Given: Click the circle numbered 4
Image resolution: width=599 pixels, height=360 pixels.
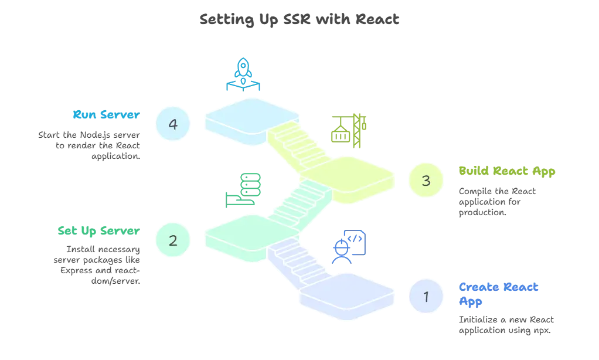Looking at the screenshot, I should (x=173, y=124).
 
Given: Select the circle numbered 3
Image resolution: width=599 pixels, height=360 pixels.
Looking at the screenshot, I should (x=426, y=181).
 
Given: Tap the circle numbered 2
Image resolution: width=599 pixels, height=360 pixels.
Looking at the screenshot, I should (x=173, y=240).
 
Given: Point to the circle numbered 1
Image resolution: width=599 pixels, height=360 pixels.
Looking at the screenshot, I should (x=426, y=297).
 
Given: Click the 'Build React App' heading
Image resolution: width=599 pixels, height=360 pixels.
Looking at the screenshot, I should (x=506, y=171).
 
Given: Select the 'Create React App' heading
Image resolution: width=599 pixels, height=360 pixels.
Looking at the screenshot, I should (x=497, y=294).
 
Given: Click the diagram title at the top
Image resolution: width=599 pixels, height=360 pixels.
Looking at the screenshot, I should (x=299, y=20).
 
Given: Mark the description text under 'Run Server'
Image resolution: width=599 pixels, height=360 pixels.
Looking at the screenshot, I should (x=89, y=144).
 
